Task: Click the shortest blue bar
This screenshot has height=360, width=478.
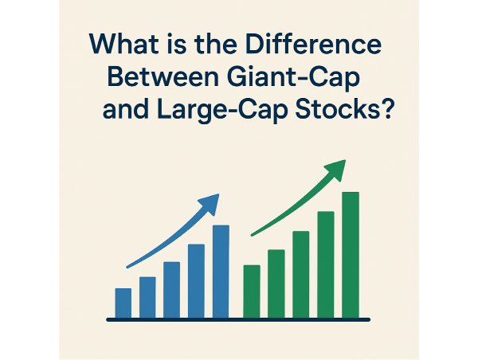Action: pos(123,303)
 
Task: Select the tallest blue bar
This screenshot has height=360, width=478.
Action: pos(221,271)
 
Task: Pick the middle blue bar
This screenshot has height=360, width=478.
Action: pos(171,290)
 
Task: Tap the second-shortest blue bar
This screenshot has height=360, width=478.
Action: pos(147,297)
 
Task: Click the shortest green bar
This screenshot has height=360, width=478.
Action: pos(252,291)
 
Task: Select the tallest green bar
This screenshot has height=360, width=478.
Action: pos(351,255)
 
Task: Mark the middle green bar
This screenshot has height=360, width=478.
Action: pos(301,274)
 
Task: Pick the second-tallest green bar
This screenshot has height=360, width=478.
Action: pos(326,264)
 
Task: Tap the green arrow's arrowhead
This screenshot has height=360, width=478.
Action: pos(338,169)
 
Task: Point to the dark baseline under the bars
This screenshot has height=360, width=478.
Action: pos(239,319)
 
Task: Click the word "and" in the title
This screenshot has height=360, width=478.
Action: pos(122,111)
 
